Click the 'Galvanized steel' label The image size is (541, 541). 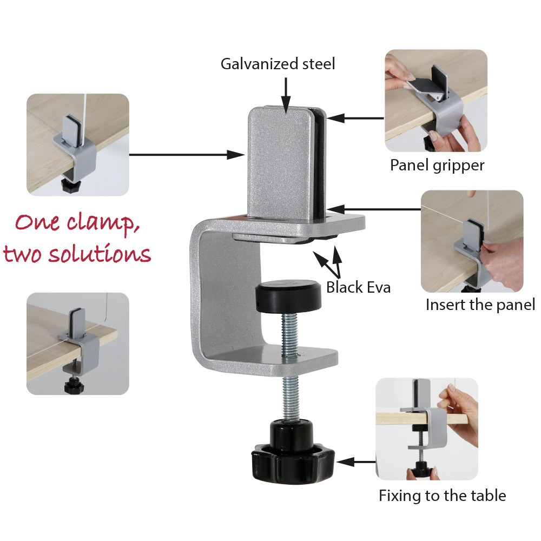tap(278, 64)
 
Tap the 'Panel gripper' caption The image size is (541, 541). tap(437, 164)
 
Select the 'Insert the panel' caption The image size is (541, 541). tap(480, 304)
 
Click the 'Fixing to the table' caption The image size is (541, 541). tap(442, 495)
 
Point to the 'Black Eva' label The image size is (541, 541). tap(358, 287)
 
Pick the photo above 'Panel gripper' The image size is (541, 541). tap(436, 101)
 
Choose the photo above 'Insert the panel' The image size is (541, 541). tap(472, 241)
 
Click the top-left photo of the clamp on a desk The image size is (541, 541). tap(78, 144)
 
